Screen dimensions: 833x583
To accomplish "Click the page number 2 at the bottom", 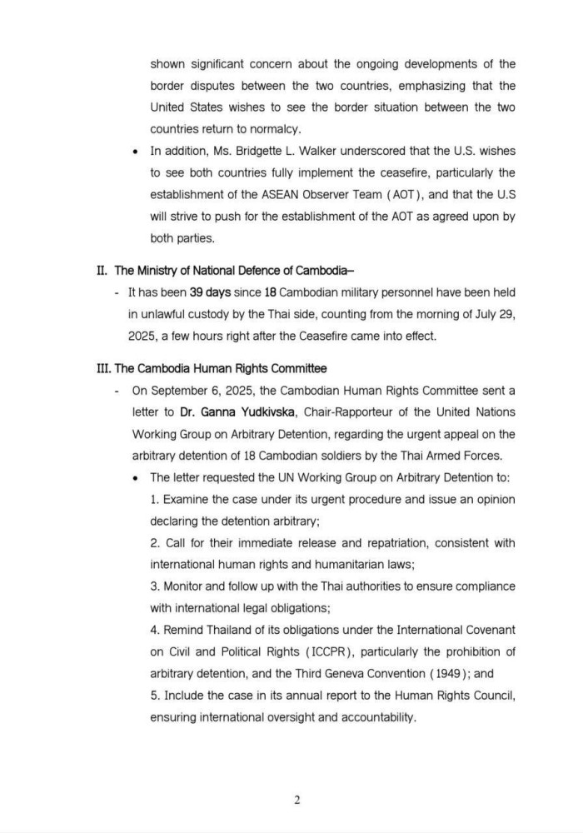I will [x=296, y=801].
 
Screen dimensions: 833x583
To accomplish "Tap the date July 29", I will [x=491, y=313].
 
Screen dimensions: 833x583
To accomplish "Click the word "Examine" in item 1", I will [x=187, y=499].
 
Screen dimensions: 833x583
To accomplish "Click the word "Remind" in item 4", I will [x=187, y=653].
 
